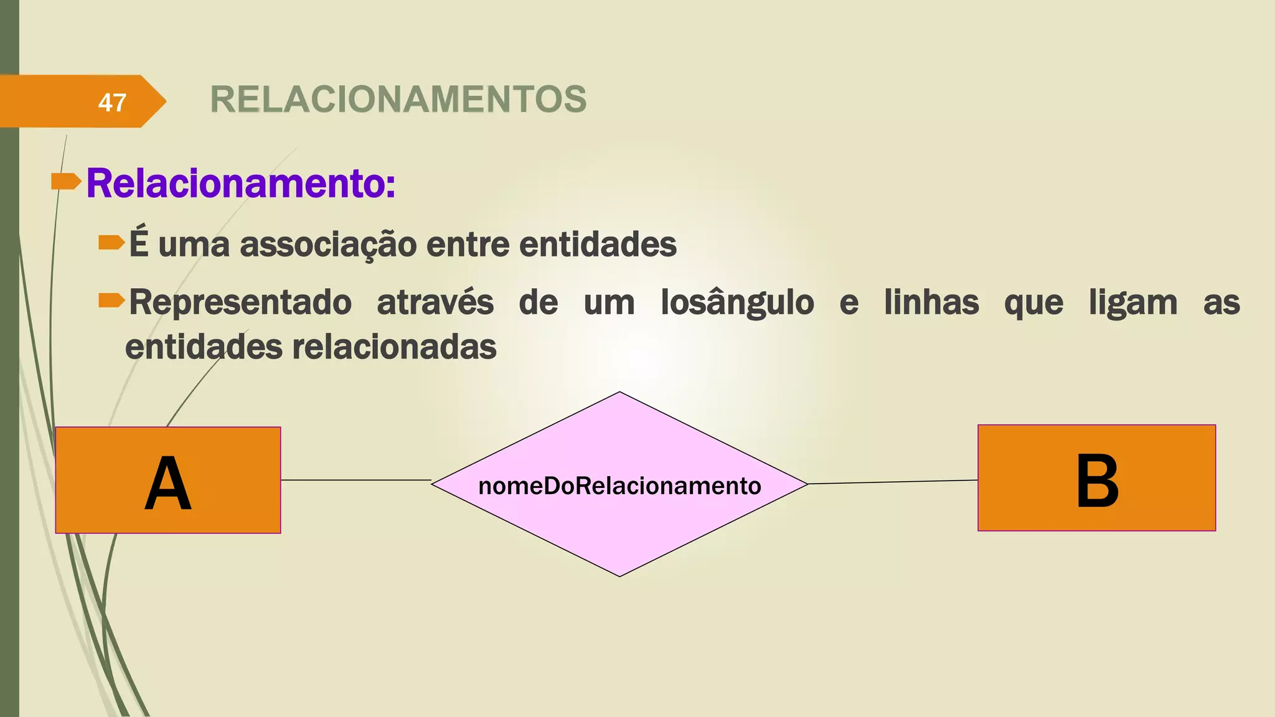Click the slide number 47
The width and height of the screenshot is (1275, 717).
pos(112,102)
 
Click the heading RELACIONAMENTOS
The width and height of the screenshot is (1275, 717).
pos(398,100)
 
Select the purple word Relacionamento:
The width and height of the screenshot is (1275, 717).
pos(241,184)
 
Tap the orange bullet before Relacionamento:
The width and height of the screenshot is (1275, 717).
pos(65,181)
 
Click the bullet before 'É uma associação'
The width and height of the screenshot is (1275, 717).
pos(111,242)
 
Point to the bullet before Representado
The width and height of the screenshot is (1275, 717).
pos(111,301)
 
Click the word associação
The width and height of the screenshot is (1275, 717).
pos(328,244)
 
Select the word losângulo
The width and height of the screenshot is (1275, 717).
pos(737,303)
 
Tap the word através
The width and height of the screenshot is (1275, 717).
pos(435,303)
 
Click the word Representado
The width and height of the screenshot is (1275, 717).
pos(240,303)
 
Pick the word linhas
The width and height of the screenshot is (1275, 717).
pos(931,303)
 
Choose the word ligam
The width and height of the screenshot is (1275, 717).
pos(1133,303)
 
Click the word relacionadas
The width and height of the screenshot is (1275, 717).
pos(394,347)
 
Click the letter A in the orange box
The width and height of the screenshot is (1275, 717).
pos(167,483)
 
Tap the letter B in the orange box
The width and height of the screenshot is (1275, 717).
pos(1097,480)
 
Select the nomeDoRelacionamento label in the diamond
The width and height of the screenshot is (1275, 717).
pos(619,485)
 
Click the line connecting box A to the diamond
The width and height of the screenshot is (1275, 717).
pos(355,480)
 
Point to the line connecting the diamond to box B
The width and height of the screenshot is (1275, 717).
pos(893,482)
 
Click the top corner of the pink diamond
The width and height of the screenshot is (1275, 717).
pos(619,393)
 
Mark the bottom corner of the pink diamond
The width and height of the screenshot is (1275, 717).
pos(619,574)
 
